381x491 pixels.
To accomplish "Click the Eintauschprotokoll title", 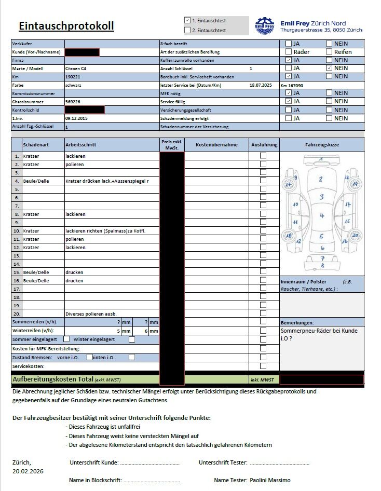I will click(x=66, y=26).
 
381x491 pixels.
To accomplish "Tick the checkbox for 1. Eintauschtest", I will click(x=187, y=20).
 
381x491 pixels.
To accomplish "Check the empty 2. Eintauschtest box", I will click(x=187, y=30).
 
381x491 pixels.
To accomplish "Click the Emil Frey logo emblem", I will click(x=265, y=26).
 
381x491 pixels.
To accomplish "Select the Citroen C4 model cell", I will click(x=76, y=69).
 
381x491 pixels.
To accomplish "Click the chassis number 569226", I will click(x=73, y=102).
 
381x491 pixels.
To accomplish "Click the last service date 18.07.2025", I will click(x=261, y=85).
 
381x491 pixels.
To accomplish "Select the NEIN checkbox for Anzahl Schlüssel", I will click(x=329, y=68).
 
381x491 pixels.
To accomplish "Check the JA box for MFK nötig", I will click(x=289, y=93).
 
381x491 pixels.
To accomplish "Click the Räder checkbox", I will click(x=289, y=51).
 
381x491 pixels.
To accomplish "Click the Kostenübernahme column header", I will click(x=216, y=145).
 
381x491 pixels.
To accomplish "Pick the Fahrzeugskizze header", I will click(x=322, y=145).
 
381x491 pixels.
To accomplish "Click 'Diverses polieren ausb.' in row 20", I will click(x=91, y=313).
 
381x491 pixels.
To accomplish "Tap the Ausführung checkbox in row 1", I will click(x=263, y=156).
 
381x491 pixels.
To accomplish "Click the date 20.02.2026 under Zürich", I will click(x=28, y=471).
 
